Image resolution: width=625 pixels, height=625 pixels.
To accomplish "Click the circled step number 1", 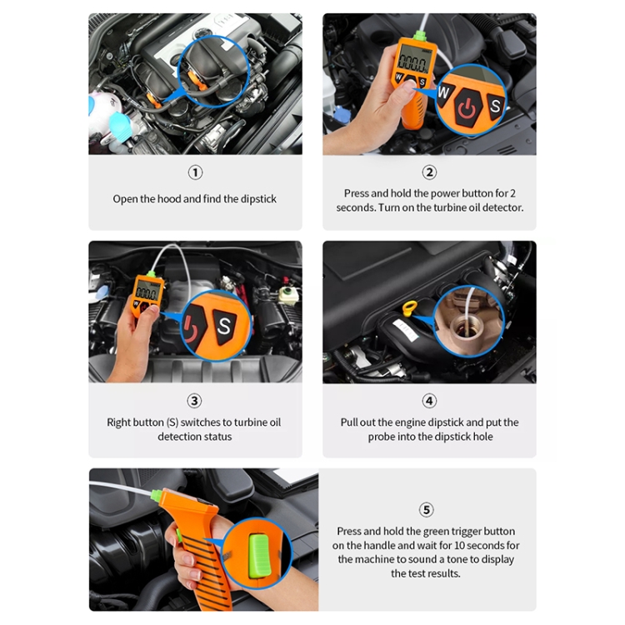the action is (x=195, y=172).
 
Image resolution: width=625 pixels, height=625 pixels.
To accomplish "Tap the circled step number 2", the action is (x=429, y=172).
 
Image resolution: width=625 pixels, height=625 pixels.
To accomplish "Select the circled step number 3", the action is (x=194, y=401).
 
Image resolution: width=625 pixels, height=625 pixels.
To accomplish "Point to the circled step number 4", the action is (x=429, y=401).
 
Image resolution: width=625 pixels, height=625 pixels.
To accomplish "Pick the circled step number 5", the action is (x=426, y=509).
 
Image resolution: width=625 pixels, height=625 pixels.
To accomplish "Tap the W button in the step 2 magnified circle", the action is (x=444, y=93).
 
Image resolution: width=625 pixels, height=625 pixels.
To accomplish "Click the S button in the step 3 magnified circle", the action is (x=224, y=326).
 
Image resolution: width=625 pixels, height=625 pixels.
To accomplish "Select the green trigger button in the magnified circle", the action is (x=259, y=556).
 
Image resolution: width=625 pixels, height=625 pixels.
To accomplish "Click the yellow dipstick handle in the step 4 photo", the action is (x=410, y=308).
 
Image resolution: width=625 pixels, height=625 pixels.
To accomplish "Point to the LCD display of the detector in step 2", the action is (x=413, y=59).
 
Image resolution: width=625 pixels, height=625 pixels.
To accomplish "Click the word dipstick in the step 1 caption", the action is (x=258, y=199).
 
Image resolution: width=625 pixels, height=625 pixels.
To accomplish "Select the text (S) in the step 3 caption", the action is (x=172, y=422).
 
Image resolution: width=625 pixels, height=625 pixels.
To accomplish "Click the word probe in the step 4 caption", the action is (x=381, y=437).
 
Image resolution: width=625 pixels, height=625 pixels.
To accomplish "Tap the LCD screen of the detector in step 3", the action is (x=147, y=292).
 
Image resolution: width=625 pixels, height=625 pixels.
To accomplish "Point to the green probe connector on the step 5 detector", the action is (x=157, y=497).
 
